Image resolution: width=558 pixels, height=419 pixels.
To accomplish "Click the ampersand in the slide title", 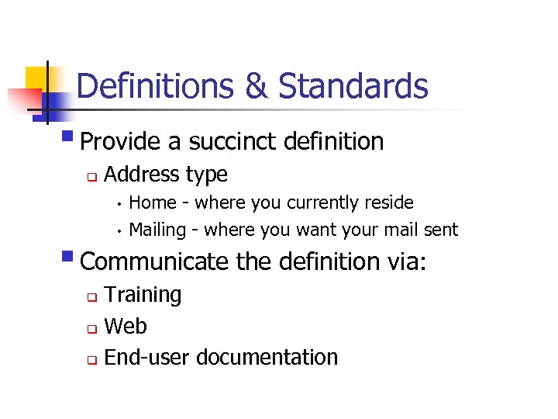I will tap(255, 86).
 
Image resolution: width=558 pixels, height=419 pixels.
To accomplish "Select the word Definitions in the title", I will tap(155, 86).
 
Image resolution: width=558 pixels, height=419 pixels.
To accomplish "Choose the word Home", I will tap(153, 203).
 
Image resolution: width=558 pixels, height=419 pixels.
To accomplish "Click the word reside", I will tap(389, 203).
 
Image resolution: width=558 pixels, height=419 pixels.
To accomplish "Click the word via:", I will tap(406, 261).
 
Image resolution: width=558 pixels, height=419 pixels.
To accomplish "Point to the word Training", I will tap(143, 296).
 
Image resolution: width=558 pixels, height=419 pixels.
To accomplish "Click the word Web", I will tap(125, 327).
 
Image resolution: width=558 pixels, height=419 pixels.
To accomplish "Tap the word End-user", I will tap(147, 358).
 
